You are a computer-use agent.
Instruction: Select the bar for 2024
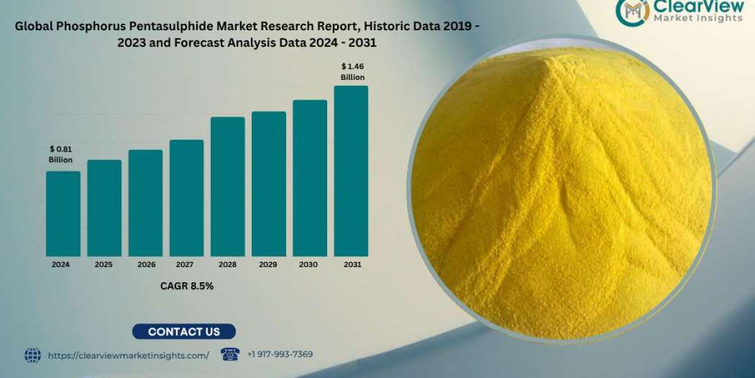(x=63, y=214)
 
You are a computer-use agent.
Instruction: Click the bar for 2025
(x=104, y=208)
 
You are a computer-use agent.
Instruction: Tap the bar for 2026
(x=145, y=203)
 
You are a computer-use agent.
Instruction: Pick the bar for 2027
(x=186, y=198)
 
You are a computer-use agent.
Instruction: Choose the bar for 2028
(x=228, y=186)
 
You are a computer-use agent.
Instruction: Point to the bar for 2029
(x=269, y=184)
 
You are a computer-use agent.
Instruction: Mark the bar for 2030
(x=310, y=178)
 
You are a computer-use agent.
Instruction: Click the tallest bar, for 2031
(x=351, y=171)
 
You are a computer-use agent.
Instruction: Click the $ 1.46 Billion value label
(x=352, y=71)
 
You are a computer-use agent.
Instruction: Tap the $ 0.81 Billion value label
(x=61, y=154)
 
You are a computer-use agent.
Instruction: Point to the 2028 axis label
(x=228, y=265)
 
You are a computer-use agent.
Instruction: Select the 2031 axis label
(x=352, y=265)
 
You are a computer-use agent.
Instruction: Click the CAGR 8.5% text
(x=187, y=286)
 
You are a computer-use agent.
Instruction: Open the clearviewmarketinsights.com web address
(x=128, y=355)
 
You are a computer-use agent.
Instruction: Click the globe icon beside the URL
(x=33, y=355)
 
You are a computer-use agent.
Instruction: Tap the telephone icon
(x=230, y=354)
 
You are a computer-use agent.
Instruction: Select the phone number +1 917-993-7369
(x=281, y=355)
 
